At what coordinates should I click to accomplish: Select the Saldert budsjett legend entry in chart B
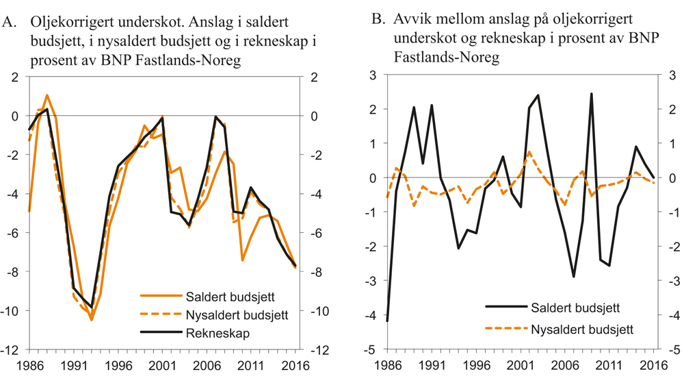coord(574,308)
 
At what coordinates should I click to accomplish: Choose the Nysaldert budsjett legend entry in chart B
coord(581,330)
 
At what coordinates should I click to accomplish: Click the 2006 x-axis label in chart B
coord(566,365)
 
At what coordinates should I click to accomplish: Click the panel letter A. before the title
coord(10,23)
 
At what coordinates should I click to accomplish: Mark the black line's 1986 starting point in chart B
coord(388,321)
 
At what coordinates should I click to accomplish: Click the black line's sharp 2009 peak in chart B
coord(591,94)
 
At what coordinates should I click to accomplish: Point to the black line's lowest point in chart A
coord(91,307)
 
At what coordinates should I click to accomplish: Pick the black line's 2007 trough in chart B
coord(574,277)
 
